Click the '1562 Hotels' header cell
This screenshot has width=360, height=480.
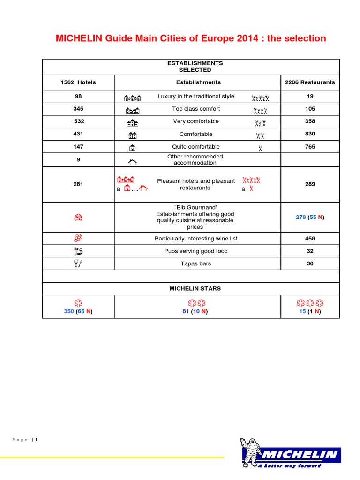pos(78,82)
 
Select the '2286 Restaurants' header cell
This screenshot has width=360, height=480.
pos(310,82)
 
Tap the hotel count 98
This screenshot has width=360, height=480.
pos(78,96)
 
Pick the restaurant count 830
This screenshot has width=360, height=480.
pos(310,134)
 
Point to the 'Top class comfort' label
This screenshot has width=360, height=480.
pos(196,109)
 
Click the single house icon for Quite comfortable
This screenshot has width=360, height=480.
pos(133,148)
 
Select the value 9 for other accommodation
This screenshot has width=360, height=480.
pos(78,159)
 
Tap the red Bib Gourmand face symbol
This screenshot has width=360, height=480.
pos(78,217)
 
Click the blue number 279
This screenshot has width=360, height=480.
pos(300,217)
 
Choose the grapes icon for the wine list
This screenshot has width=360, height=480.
pos(78,239)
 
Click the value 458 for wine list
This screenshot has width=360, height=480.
pos(310,239)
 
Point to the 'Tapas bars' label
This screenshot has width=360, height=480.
pos(196,263)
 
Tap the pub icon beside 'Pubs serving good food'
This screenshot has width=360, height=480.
pos(78,251)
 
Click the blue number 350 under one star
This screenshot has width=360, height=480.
pos(69,311)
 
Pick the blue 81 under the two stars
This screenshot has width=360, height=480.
pos(186,311)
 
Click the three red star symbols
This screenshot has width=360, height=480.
pos(310,302)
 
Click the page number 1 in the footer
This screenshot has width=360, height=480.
pos(36,440)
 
